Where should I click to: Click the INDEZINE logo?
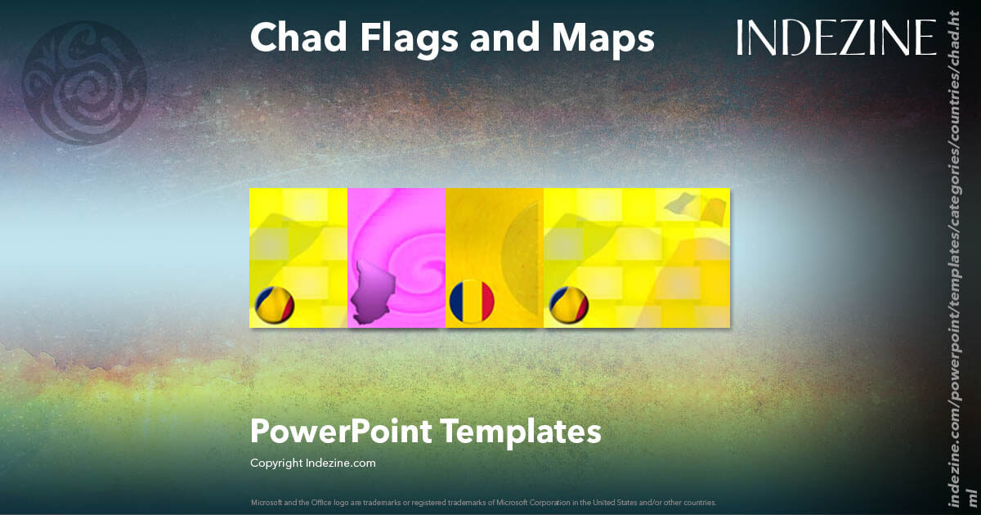point(835,38)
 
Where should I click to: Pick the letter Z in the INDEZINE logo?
point(843,38)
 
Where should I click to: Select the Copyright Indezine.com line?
point(312,463)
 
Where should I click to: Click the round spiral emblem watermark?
point(85,84)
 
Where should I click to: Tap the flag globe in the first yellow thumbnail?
point(274,306)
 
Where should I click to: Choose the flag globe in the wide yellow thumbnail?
point(568,306)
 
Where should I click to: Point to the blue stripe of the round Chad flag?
point(458,302)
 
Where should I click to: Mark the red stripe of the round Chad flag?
point(486,302)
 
